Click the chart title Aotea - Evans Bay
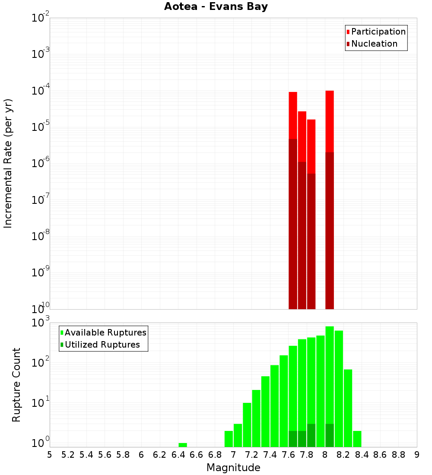[x=216, y=7]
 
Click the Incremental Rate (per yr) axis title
[x=8, y=164]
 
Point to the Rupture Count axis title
[x=16, y=385]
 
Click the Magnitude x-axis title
[x=233, y=468]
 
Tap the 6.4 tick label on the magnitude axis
[x=178, y=455]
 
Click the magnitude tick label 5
[x=50, y=455]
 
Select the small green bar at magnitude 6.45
[x=183, y=445]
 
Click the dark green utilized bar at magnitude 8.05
[x=330, y=436]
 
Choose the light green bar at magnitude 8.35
[x=357, y=439]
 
